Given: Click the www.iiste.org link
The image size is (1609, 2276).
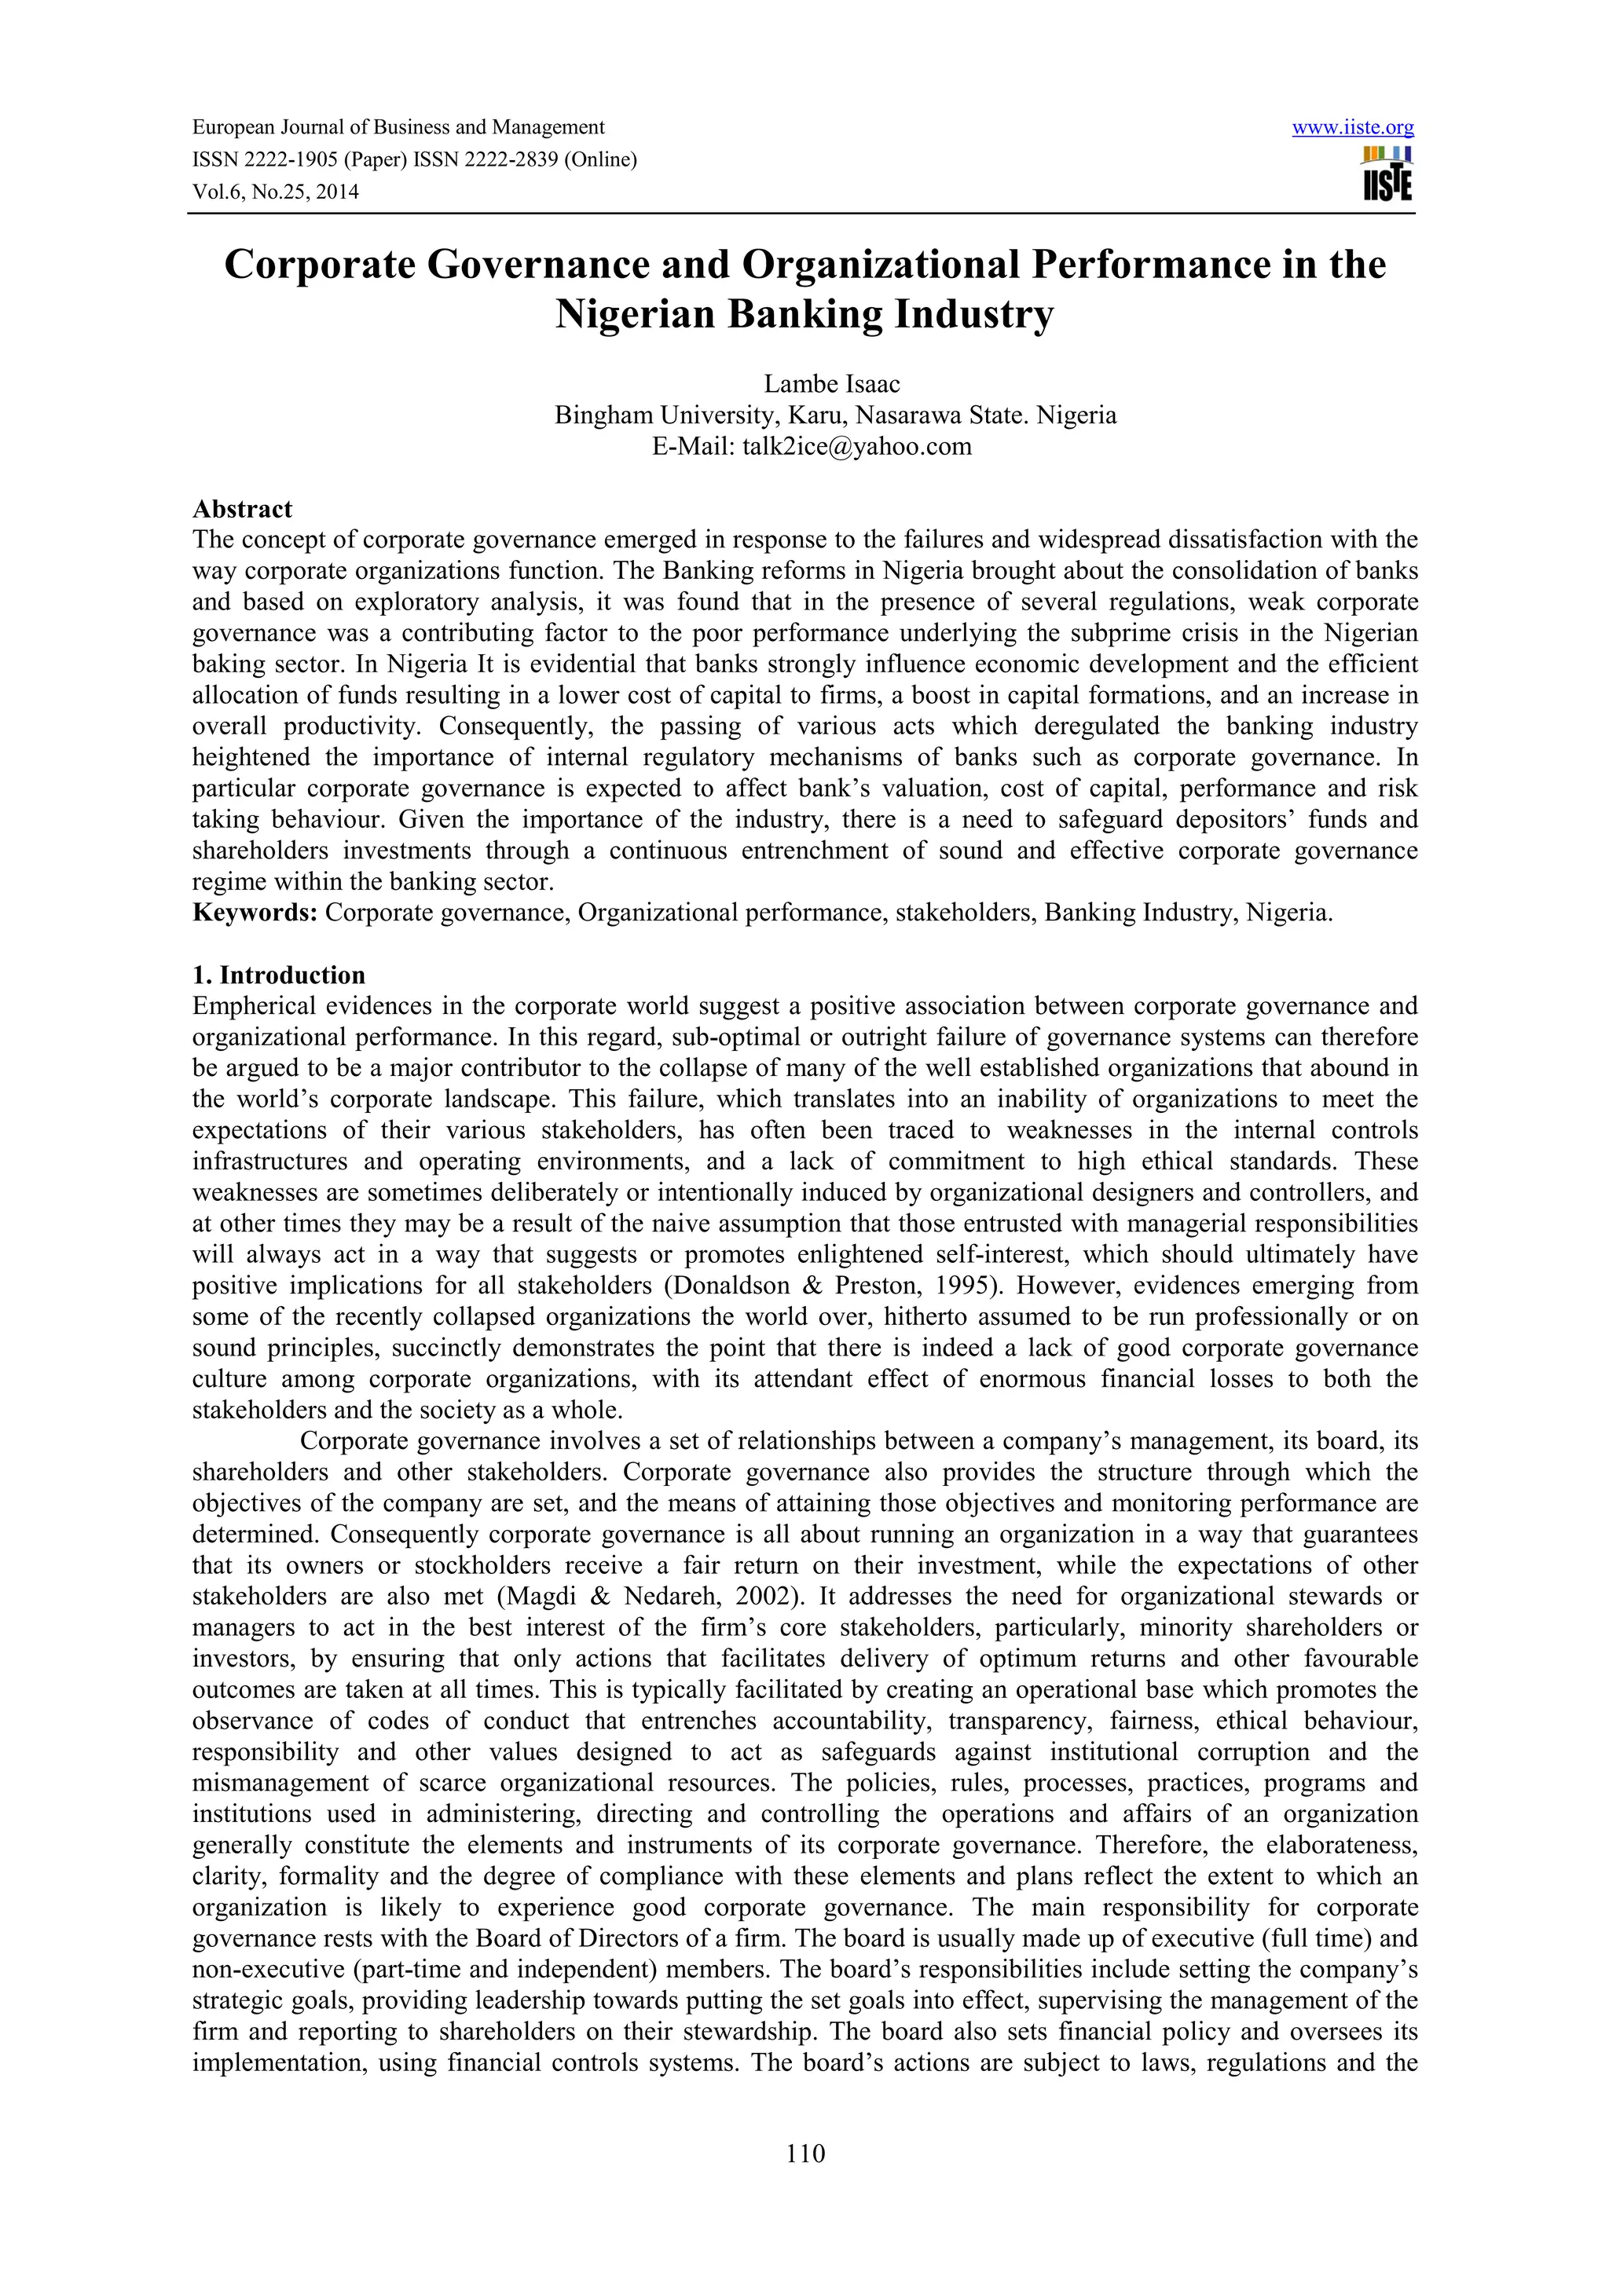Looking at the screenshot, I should pyautogui.click(x=1353, y=128).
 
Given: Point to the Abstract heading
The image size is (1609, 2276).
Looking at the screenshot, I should pyautogui.click(x=242, y=509).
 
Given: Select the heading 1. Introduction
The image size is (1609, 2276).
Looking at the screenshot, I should pyautogui.click(x=279, y=975).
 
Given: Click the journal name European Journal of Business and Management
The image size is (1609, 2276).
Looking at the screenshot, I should pyautogui.click(x=398, y=128).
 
